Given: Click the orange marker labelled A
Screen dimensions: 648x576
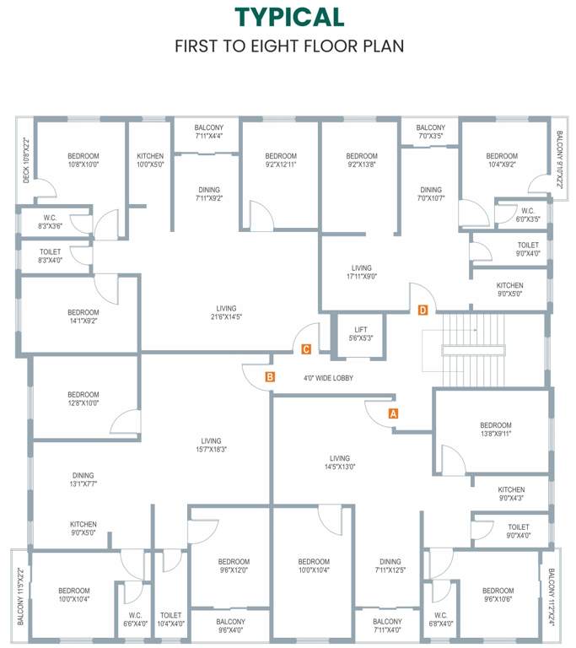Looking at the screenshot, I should tap(392, 413).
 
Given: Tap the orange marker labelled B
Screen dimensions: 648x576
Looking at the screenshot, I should tap(270, 377).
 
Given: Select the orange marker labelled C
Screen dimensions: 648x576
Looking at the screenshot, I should tap(306, 348).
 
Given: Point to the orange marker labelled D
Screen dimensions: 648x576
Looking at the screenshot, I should tap(423, 310).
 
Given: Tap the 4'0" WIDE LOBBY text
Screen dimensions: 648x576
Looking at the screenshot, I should tap(328, 378).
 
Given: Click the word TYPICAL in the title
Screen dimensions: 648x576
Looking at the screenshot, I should tap(289, 17).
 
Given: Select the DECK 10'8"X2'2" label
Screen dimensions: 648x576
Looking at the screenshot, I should tap(26, 160).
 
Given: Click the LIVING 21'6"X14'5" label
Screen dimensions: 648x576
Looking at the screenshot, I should tap(226, 313).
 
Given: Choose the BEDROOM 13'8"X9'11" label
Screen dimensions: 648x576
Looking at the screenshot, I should tap(495, 429).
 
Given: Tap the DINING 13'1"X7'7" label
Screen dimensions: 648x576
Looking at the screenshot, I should tap(83, 480).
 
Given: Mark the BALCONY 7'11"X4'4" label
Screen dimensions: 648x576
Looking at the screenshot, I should tap(208, 131).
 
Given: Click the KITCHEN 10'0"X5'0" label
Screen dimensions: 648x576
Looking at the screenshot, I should tap(150, 161).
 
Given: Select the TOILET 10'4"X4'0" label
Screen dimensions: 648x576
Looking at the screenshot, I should tap(171, 620).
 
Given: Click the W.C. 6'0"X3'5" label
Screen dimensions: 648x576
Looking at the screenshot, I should tap(528, 215).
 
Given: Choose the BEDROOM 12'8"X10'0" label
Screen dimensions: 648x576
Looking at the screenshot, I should tap(83, 399).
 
